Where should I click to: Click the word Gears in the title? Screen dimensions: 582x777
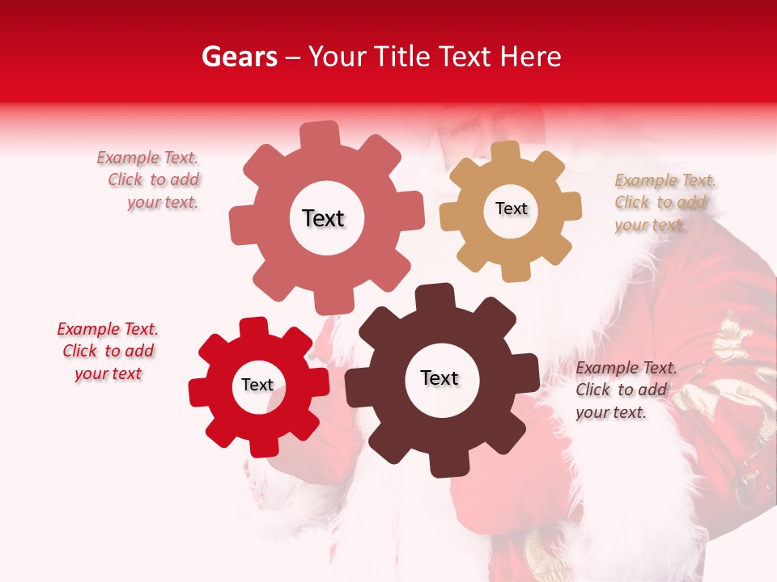(240, 57)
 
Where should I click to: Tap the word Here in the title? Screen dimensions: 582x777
(531, 57)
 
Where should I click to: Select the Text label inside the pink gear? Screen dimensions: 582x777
(323, 218)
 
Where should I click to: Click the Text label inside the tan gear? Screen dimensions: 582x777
(511, 209)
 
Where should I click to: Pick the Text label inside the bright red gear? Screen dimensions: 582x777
(257, 385)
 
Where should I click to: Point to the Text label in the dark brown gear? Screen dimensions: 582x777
(439, 377)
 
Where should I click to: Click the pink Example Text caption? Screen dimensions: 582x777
(147, 180)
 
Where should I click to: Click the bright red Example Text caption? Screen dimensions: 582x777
(108, 352)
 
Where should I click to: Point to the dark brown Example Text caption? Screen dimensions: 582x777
(626, 390)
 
